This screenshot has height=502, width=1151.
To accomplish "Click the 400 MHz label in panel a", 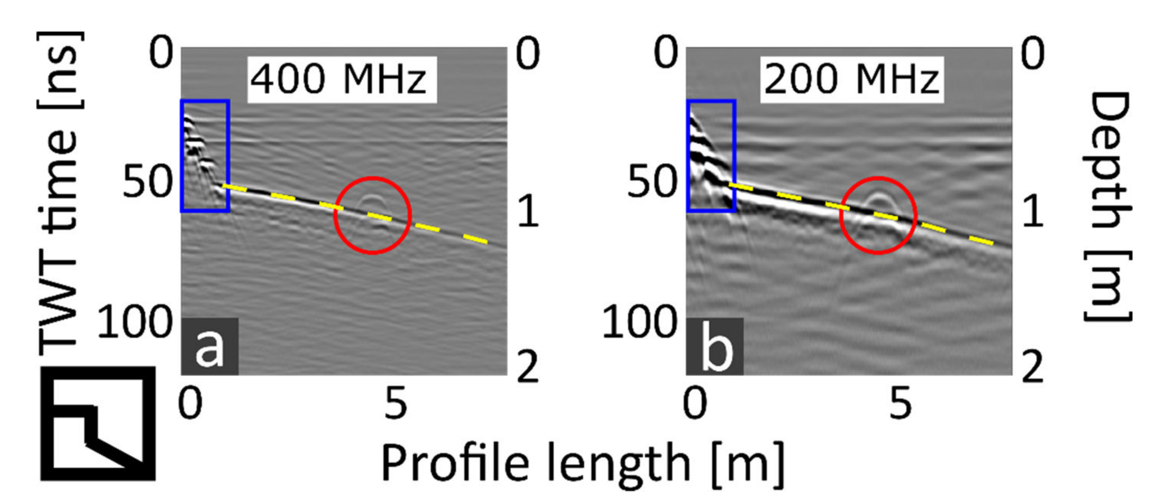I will pos(341,80).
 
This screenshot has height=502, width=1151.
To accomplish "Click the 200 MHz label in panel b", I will pos(851,80).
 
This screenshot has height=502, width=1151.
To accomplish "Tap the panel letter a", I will pos(209,346).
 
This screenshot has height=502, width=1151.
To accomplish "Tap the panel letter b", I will pos(715,346).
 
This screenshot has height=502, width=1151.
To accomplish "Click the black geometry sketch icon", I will pos(98,423).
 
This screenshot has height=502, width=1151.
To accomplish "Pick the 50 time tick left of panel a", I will pos(147,182).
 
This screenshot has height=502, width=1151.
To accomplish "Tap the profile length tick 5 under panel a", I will pos(396,403).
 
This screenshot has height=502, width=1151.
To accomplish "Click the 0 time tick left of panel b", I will pos(666,53).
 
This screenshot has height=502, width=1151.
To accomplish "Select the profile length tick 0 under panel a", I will pos(190,403).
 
